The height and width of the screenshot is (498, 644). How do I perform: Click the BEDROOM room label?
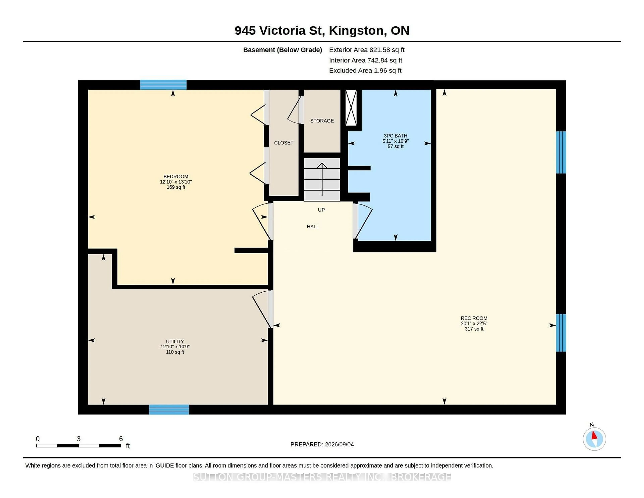tap(176, 176)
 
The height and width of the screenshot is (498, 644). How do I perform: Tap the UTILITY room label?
tap(175, 341)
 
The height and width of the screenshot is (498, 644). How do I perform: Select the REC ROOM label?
tap(474, 318)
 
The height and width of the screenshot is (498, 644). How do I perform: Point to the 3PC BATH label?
tap(395, 136)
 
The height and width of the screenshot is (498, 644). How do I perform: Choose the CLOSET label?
tap(284, 143)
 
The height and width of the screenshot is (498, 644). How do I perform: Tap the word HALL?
tap(313, 227)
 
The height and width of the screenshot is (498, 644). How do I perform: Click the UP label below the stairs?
tap(321, 210)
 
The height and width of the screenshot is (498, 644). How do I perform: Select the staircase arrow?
tap(322, 179)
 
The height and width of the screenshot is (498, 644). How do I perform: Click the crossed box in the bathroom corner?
tap(351, 108)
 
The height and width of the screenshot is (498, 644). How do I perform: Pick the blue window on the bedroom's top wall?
tap(163, 85)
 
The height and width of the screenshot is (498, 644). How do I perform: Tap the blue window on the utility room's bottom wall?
tap(169, 410)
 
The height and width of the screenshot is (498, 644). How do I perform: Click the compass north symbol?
tap(594, 438)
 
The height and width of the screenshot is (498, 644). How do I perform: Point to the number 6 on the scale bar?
tap(121, 439)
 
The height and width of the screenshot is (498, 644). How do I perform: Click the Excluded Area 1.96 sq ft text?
tap(365, 70)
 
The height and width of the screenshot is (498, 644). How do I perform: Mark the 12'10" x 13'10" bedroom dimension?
tap(176, 182)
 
